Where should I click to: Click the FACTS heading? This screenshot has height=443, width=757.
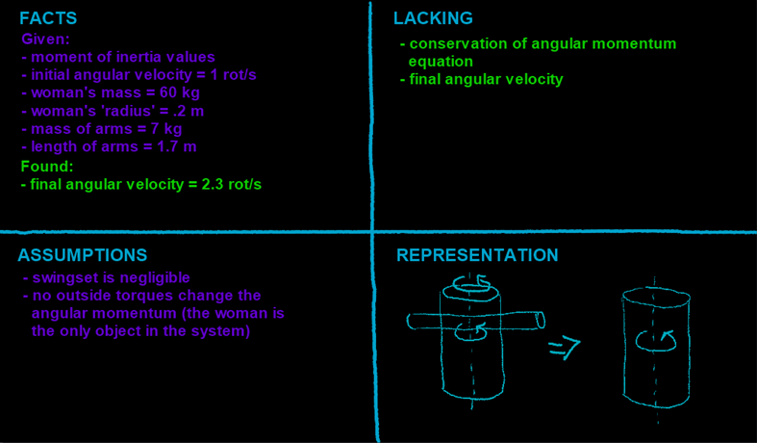tap(48, 18)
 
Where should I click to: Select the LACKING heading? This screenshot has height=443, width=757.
tap(433, 18)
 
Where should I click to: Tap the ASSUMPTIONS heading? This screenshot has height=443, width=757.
tap(83, 255)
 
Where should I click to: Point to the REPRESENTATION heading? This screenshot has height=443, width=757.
tap(477, 255)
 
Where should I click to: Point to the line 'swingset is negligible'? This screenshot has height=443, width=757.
tap(113, 277)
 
